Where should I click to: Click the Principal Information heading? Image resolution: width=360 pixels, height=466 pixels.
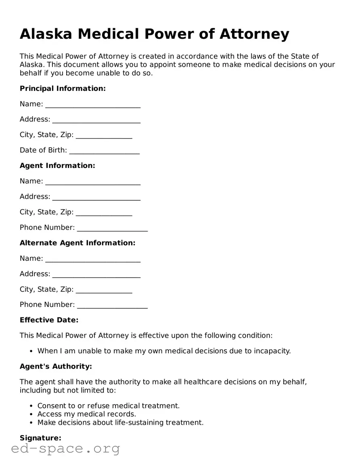tap(63, 88)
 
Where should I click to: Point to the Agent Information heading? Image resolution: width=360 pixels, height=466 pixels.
tap(57, 166)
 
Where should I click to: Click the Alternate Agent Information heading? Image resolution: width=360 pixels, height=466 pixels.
tap(77, 243)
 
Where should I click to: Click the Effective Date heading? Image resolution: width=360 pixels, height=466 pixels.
tap(49, 320)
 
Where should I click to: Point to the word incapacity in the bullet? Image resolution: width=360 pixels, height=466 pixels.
tap(271, 351)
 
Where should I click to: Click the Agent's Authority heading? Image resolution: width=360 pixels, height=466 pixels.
tap(56, 366)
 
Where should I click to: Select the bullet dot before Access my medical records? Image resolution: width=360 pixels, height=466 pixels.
tap(32, 414)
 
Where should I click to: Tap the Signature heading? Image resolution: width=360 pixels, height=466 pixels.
tap(40, 438)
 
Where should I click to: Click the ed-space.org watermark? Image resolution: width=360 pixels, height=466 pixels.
tap(65, 449)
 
